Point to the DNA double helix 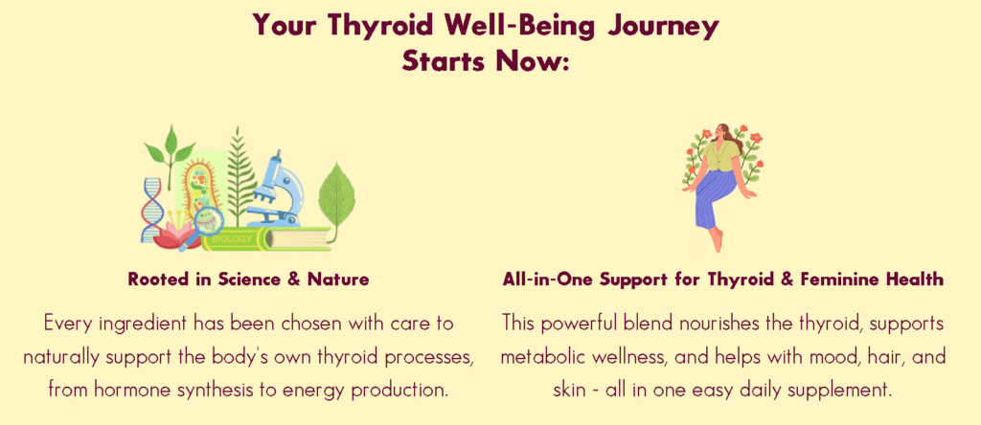pos(150,210)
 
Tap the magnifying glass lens pos(209,219)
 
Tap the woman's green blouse pos(719,156)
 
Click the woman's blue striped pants pos(717,198)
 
